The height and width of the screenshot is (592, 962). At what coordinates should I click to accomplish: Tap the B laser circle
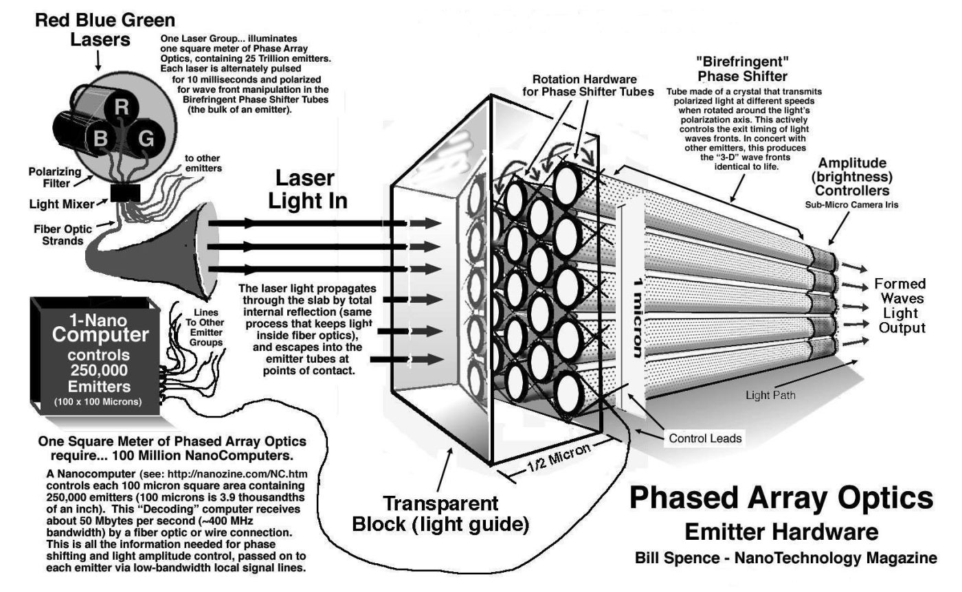click(101, 139)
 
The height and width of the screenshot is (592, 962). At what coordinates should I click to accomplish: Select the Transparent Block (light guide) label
click(440, 514)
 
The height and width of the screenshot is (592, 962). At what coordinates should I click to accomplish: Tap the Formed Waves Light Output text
click(899, 306)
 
